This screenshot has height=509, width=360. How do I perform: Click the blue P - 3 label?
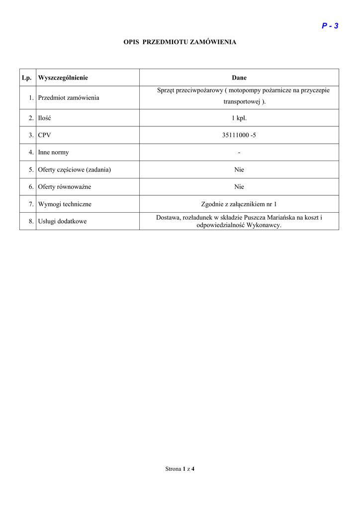[330, 26]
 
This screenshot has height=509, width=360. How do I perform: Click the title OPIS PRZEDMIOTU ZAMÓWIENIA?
[180, 42]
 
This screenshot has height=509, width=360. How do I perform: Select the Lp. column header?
[27, 78]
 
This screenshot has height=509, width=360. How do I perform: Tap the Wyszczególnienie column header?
[63, 78]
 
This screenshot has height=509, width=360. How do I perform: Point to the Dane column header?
[239, 78]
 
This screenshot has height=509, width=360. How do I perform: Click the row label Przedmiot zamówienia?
[69, 98]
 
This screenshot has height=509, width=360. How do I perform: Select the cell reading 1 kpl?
[239, 118]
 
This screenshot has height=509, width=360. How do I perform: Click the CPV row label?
[45, 135]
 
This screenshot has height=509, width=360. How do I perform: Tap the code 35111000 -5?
[239, 135]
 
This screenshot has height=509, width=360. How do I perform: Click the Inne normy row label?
[54, 153]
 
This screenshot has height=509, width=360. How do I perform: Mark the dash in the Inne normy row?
[239, 153]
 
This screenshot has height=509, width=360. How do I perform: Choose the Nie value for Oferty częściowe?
[239, 170]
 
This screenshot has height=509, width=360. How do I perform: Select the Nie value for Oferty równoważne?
[239, 187]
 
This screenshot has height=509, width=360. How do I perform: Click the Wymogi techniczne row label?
[65, 204]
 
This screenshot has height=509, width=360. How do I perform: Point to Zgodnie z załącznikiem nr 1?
[239, 204]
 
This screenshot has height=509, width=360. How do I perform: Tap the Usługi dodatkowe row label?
[62, 222]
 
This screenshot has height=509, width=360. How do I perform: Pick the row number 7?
[31, 204]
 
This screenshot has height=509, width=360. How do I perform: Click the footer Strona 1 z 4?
[180, 469]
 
